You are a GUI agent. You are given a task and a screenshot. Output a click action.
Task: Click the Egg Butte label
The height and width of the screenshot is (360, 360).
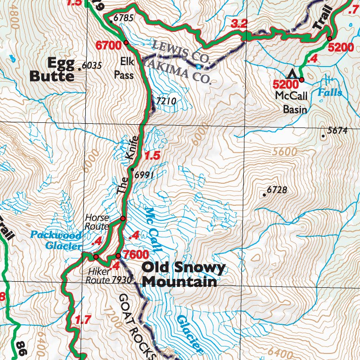[x=52, y=69]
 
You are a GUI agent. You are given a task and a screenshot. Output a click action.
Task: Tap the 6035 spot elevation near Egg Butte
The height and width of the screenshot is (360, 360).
[x=91, y=66]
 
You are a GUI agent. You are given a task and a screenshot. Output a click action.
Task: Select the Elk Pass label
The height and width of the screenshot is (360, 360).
[x=124, y=68]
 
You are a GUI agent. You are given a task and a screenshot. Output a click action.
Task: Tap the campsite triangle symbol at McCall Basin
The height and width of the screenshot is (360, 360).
[x=293, y=74]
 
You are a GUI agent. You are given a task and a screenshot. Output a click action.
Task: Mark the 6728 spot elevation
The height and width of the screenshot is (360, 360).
[x=277, y=190]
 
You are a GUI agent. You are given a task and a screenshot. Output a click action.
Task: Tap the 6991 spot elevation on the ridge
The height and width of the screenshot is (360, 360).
[x=144, y=175]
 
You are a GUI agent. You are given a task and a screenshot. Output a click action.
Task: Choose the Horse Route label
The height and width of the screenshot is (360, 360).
[x=97, y=222]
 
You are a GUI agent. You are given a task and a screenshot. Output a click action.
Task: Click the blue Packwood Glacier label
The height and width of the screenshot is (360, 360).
[x=55, y=239]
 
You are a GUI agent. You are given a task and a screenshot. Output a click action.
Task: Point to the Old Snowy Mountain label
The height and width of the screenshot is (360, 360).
[x=183, y=275]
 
